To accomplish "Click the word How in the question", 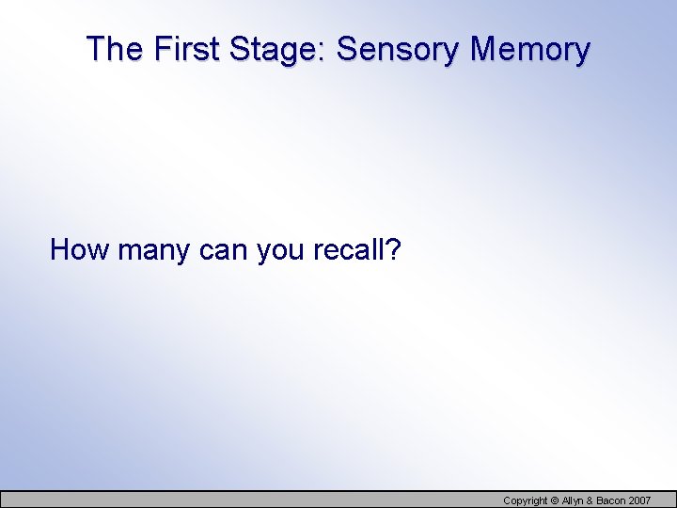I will coord(72,250).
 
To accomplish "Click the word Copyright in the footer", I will coord(526,500).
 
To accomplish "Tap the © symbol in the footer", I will coord(555,500).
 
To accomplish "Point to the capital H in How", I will coord(59,250).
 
